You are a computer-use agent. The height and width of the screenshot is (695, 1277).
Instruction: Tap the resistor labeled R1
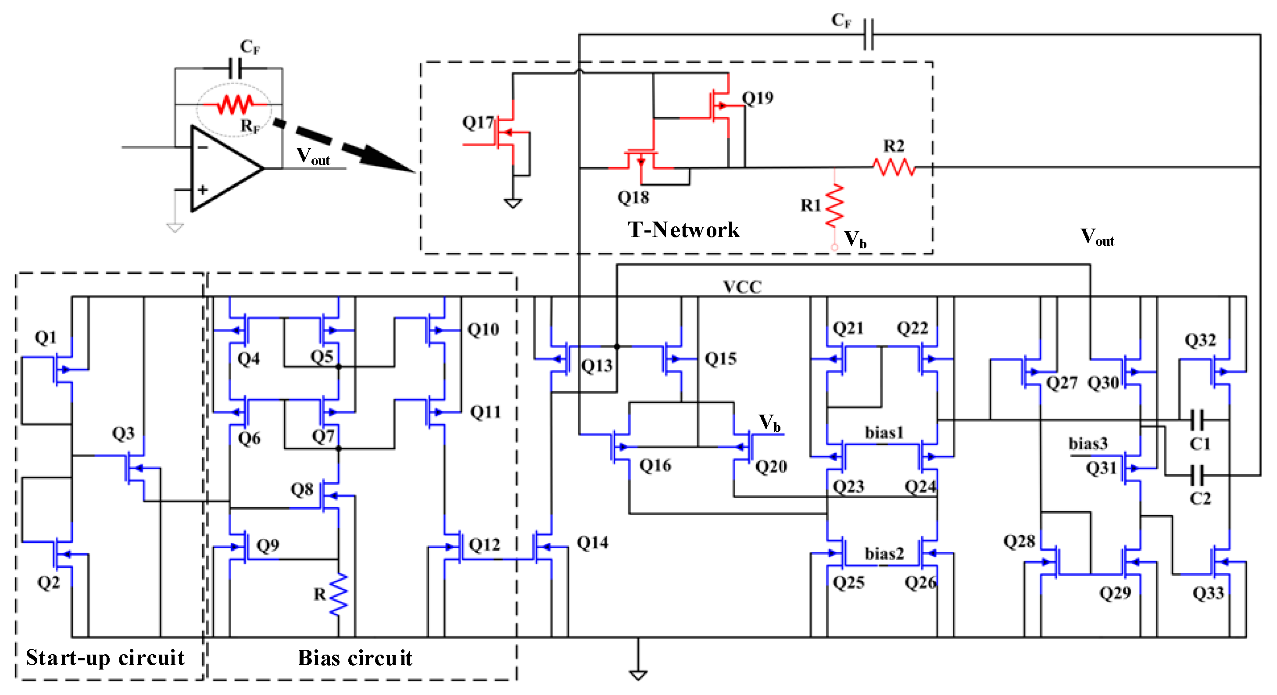click(x=834, y=205)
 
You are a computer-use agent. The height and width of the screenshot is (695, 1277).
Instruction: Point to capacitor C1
click(x=1197, y=420)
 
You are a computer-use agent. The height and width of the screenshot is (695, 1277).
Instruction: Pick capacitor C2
click(x=1197, y=475)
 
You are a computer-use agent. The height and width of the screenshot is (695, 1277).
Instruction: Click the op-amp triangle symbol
click(x=223, y=168)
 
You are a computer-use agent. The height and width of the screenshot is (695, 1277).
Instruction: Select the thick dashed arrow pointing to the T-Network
click(x=347, y=146)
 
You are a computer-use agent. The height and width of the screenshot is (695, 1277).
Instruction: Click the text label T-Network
click(x=683, y=229)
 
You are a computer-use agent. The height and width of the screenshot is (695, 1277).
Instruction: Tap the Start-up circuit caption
click(x=105, y=657)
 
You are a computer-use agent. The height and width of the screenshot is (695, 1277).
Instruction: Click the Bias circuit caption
click(x=354, y=658)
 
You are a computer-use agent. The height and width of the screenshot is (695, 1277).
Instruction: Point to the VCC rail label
click(x=742, y=287)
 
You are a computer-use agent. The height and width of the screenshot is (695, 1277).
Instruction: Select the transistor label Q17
click(x=478, y=122)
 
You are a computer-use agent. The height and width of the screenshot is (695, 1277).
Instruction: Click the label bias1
click(x=884, y=433)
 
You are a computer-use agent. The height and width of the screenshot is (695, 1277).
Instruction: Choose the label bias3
click(x=1087, y=443)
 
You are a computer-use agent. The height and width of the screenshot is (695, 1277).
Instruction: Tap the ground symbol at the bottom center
click(x=638, y=674)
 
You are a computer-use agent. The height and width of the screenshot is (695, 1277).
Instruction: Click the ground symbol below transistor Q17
click(x=512, y=203)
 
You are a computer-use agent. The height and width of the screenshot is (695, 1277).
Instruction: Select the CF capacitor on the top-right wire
click(x=868, y=34)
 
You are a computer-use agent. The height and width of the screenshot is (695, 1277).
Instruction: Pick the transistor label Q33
click(x=1208, y=593)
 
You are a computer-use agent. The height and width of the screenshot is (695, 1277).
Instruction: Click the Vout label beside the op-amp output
click(x=313, y=156)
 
